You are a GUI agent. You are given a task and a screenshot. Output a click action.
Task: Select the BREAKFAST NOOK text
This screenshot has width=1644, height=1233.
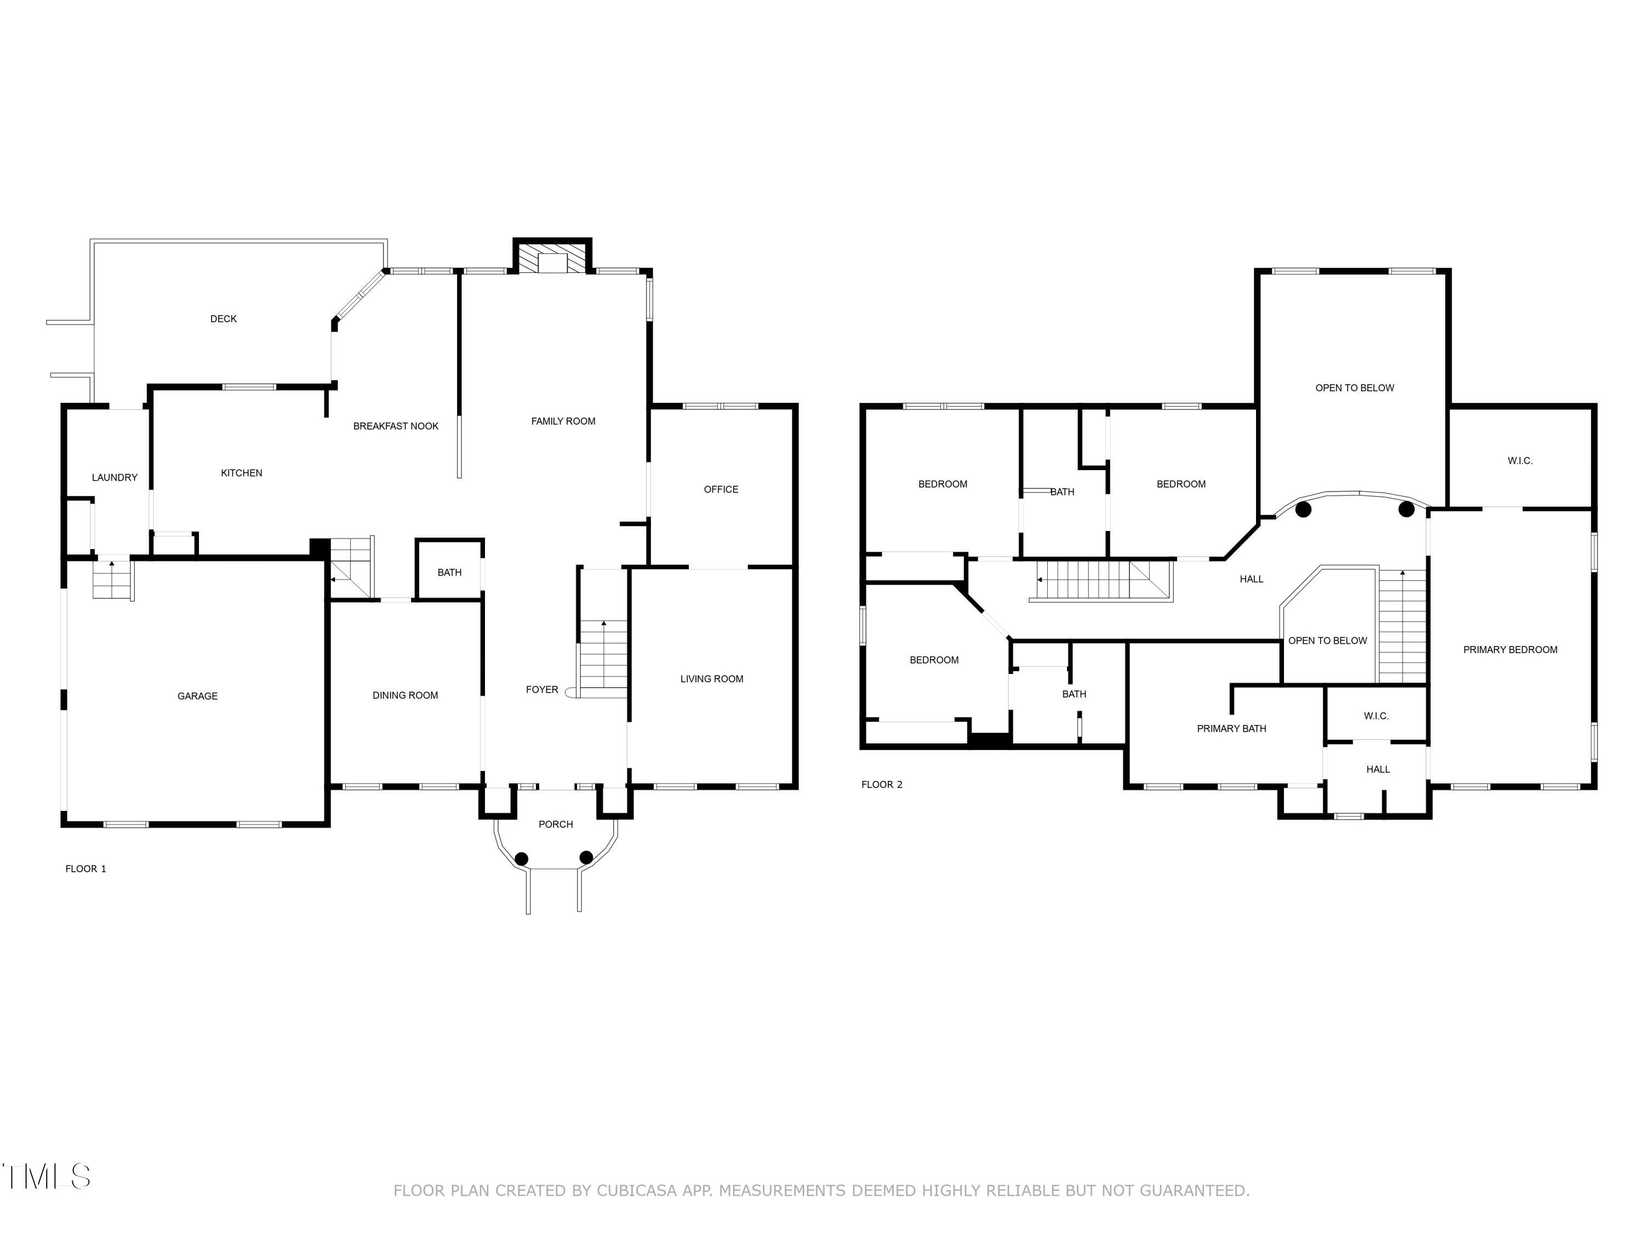tap(396, 426)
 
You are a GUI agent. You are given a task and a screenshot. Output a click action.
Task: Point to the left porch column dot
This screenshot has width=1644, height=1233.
tap(522, 858)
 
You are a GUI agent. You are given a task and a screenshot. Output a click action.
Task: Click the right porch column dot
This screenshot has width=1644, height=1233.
tap(586, 858)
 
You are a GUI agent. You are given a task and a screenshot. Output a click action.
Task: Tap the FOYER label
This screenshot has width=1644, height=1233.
tap(542, 690)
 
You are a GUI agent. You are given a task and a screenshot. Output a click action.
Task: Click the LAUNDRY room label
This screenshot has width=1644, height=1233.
tap(115, 477)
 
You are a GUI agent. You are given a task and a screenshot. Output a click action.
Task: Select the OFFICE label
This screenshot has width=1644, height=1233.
tap(721, 489)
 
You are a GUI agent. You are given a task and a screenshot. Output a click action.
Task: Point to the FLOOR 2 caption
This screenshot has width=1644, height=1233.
tap(881, 784)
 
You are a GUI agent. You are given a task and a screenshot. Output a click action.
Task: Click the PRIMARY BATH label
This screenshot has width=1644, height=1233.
tap(1231, 728)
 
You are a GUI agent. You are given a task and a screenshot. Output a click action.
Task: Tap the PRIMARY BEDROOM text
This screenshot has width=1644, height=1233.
tap(1510, 649)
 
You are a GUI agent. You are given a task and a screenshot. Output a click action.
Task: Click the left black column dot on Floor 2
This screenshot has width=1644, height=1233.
tap(1303, 509)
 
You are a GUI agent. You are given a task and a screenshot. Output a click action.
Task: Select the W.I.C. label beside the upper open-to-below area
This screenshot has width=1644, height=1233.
tap(1520, 461)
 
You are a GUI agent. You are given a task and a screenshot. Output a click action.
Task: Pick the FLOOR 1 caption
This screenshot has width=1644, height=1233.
tap(85, 869)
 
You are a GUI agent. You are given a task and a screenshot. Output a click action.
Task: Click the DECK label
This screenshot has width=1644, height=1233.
tap(223, 319)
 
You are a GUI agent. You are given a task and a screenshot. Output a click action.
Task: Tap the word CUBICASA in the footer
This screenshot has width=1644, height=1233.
tap(637, 1191)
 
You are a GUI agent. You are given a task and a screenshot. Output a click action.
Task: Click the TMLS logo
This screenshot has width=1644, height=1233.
tap(46, 1177)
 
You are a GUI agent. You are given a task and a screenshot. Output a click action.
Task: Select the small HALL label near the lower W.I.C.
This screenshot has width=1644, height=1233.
tap(1377, 769)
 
